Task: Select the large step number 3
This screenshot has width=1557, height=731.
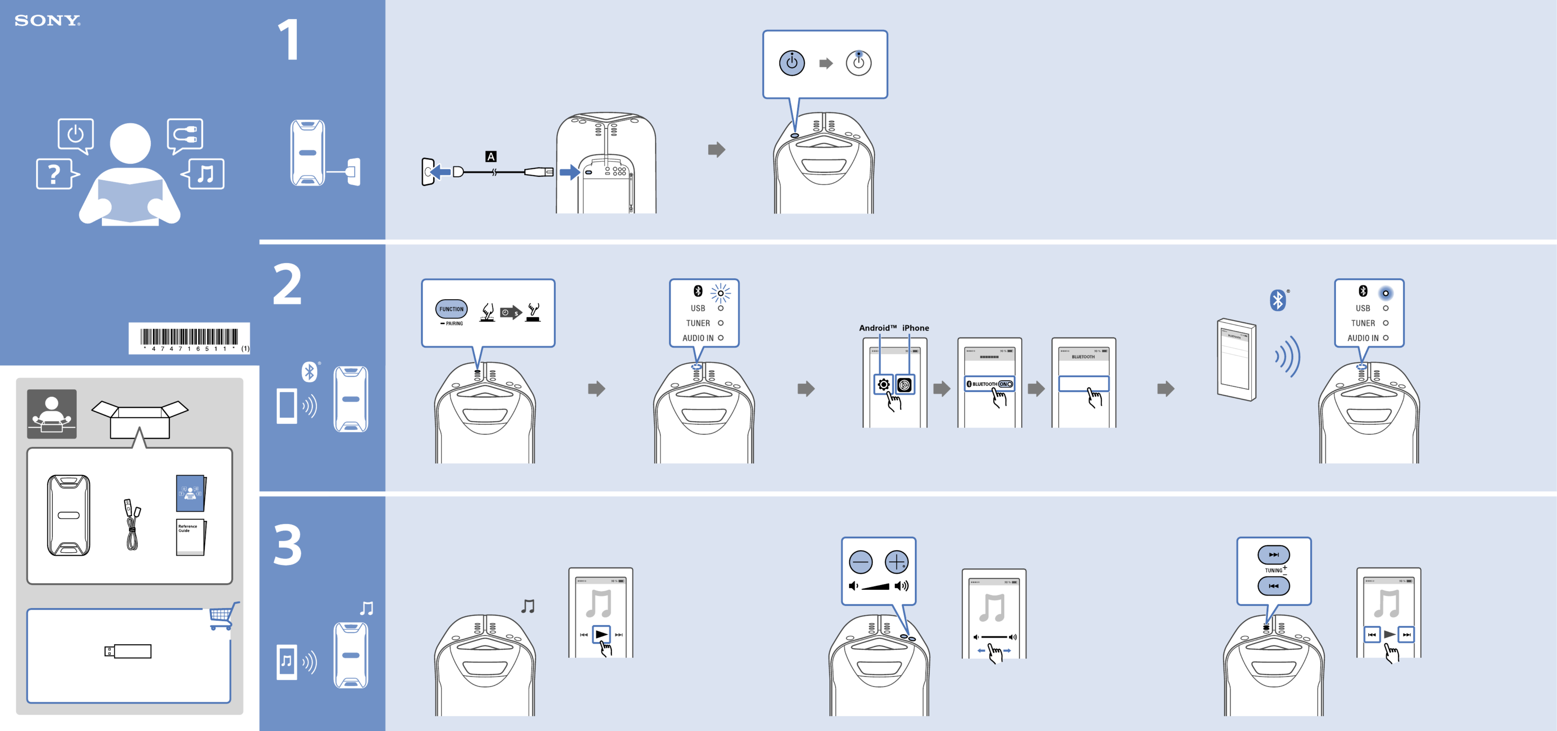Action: [x=288, y=545]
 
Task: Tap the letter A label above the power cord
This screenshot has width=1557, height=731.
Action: [x=491, y=156]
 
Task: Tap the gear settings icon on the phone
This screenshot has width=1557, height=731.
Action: [x=883, y=384]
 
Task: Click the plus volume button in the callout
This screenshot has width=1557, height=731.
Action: [x=896, y=562]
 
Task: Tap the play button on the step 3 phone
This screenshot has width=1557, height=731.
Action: [x=601, y=634]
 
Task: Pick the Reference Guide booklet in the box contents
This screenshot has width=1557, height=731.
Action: [x=190, y=536]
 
